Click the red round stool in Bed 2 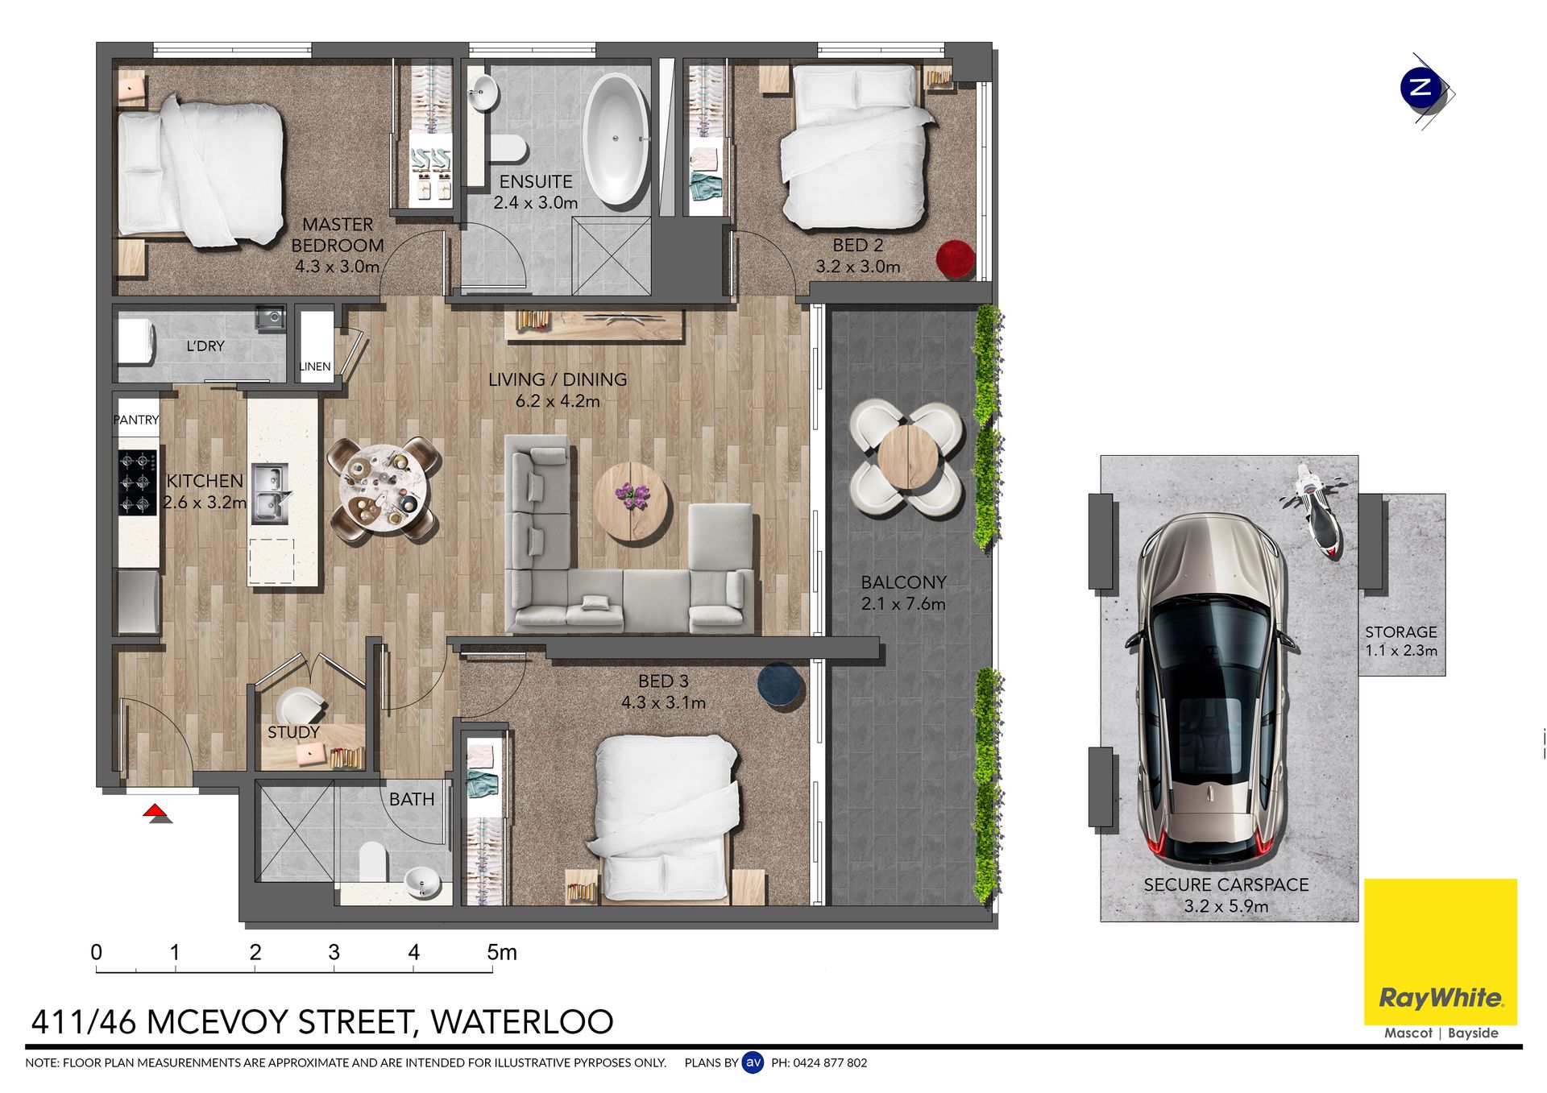coord(956,259)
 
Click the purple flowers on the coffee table coord(631,494)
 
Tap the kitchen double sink coord(269,493)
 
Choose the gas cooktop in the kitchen coord(138,482)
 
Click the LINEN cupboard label coord(315,366)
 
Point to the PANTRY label coord(136,420)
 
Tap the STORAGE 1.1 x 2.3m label coord(1401,641)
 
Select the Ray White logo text coord(1441,999)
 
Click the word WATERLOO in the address coord(522,1022)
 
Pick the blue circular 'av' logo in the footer coord(753,1062)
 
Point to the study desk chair coord(297,708)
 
